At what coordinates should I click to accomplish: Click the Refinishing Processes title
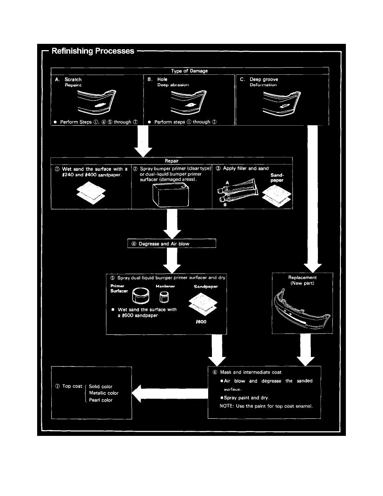click(x=93, y=51)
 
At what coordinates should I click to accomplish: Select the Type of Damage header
click(x=189, y=71)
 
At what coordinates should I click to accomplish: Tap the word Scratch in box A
click(x=73, y=79)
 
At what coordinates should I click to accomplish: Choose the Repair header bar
click(x=171, y=160)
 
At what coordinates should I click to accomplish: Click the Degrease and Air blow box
click(x=171, y=243)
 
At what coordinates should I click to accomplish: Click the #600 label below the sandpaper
click(x=201, y=322)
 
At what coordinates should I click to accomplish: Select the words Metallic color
click(x=104, y=393)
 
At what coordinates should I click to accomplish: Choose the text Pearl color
click(x=101, y=400)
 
